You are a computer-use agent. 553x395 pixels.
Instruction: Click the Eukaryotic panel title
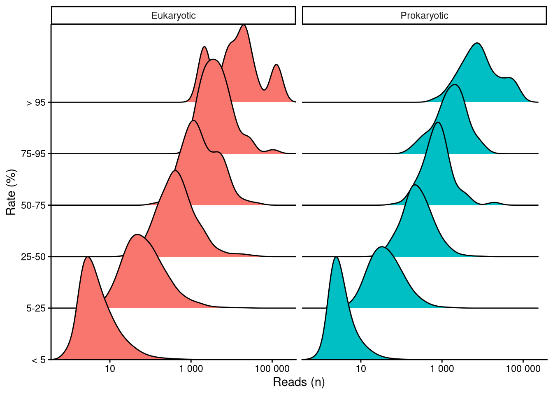(173, 16)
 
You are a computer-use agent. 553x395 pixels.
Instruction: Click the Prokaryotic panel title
(424, 16)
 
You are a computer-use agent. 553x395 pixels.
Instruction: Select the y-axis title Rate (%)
(12, 192)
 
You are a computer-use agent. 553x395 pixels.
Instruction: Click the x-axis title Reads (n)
(299, 382)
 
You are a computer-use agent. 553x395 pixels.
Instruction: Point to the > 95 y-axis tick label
(36, 102)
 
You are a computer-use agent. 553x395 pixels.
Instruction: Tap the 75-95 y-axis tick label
(33, 154)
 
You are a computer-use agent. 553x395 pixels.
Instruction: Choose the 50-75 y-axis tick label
(33, 205)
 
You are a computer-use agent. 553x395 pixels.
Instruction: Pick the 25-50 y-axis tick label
(33, 257)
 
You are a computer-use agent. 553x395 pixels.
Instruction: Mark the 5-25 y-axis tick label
(36, 308)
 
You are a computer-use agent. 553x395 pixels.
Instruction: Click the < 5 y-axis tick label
(39, 360)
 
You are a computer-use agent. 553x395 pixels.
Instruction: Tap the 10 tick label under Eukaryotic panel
(110, 369)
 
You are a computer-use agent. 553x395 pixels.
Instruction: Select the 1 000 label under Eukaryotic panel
(191, 369)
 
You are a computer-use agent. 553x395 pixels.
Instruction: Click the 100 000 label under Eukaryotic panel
(272, 369)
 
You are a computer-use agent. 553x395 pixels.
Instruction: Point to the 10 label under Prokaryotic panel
(361, 369)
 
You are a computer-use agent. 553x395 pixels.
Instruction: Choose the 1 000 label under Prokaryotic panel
(442, 369)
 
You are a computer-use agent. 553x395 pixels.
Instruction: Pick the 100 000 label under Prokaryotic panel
(523, 369)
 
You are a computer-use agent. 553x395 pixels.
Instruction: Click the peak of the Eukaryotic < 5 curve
(88, 257)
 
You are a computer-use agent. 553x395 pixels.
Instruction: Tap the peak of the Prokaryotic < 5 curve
(337, 257)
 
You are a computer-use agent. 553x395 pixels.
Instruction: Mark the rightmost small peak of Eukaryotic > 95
(276, 65)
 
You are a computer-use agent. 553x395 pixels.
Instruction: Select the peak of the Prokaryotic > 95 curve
(477, 43)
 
